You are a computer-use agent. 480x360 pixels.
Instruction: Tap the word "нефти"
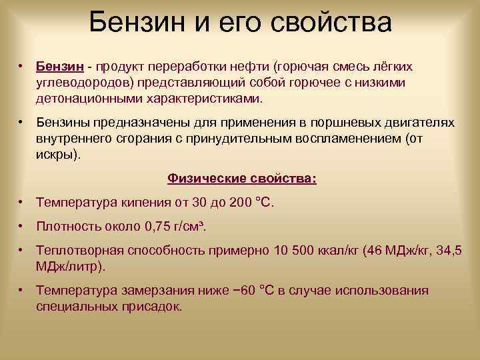coord(243,67)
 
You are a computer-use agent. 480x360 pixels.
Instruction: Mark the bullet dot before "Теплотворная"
coord(22,250)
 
